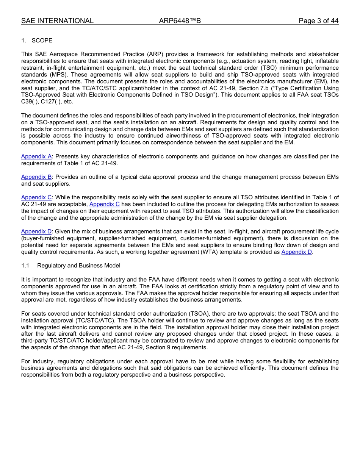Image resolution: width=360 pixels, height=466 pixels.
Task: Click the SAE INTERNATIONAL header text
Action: (57, 21)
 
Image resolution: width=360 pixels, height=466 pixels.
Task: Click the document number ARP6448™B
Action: (180, 21)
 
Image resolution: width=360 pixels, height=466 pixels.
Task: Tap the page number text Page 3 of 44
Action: (318, 21)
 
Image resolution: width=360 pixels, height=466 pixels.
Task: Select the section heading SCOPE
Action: (42, 41)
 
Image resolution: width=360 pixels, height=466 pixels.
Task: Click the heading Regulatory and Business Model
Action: (78, 266)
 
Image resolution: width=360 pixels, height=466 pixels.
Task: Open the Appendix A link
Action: (36, 156)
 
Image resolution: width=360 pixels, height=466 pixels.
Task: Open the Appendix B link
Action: (36, 177)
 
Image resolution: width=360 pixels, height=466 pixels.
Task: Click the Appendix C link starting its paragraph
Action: (36, 197)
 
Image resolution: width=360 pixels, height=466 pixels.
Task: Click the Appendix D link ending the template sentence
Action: (297, 252)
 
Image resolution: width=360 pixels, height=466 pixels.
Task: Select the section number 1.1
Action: (25, 266)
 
